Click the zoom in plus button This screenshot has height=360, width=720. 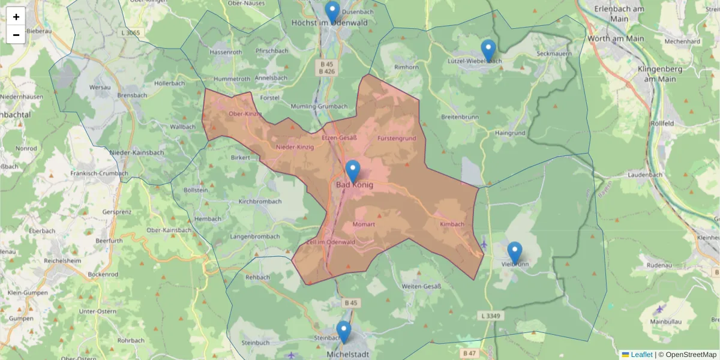[x=16, y=16]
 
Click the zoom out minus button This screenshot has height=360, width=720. [x=16, y=35]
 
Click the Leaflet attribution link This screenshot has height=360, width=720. [x=641, y=355]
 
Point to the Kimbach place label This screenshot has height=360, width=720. [x=452, y=224]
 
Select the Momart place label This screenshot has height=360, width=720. [x=364, y=224]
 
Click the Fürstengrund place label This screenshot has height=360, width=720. [x=397, y=139]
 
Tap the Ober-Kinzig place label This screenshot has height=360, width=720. [x=245, y=114]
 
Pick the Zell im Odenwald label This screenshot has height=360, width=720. [x=331, y=242]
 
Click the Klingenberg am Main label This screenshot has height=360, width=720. [x=660, y=74]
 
